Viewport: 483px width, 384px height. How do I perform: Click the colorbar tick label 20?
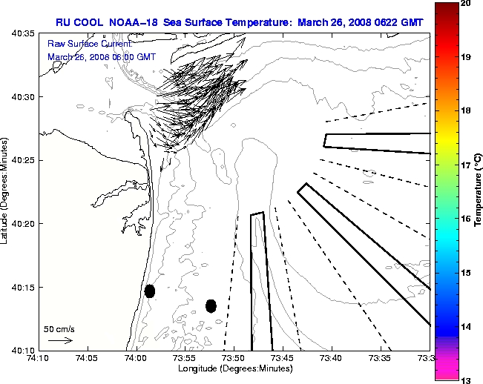pyautogui.click(x=467, y=4)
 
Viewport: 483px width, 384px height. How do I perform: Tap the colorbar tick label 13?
pyautogui.click(x=467, y=380)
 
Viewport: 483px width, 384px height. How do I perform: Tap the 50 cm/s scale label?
pyautogui.click(x=59, y=328)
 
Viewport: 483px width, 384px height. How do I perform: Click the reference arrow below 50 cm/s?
pyautogui.click(x=59, y=340)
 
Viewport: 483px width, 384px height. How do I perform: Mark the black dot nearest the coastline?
pyautogui.click(x=150, y=291)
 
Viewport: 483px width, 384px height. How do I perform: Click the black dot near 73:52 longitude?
pyautogui.click(x=211, y=305)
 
